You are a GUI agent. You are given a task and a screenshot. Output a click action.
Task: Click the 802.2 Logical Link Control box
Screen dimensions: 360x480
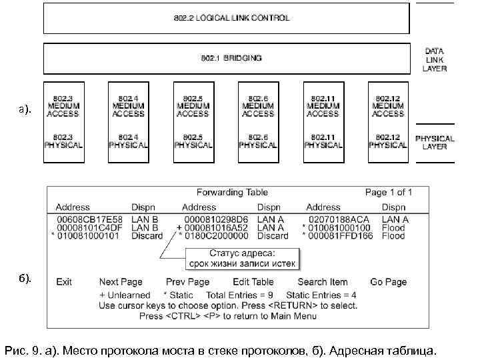coord(226,18)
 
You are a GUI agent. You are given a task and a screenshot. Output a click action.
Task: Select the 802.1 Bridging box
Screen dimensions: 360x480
coord(226,58)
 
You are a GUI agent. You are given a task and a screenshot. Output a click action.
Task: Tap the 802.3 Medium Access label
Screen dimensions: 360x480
coord(63,106)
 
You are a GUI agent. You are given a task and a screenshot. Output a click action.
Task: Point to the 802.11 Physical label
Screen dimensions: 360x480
coord(323,141)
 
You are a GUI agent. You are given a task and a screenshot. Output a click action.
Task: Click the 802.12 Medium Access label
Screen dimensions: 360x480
coord(388,106)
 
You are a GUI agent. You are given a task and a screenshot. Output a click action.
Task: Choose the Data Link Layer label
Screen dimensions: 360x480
coord(435,59)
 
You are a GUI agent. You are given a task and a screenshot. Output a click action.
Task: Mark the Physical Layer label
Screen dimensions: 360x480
coord(435,142)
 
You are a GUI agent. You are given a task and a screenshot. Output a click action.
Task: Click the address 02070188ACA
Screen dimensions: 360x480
coord(338,219)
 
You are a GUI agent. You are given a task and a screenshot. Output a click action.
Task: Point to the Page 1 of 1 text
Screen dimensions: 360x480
coord(389,193)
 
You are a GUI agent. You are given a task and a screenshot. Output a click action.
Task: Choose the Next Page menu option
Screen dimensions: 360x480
coord(121,282)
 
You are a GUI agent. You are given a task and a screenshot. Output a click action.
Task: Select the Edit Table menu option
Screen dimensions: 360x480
coord(253,282)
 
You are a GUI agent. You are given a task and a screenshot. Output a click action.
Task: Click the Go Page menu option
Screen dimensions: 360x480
coord(388,282)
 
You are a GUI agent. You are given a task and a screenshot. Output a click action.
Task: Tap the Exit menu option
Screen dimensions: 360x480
coord(64,282)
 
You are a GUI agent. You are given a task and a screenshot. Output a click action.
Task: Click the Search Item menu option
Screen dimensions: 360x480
coord(323,282)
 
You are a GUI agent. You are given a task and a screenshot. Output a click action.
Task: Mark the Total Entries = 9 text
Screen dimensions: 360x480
coord(240,295)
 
